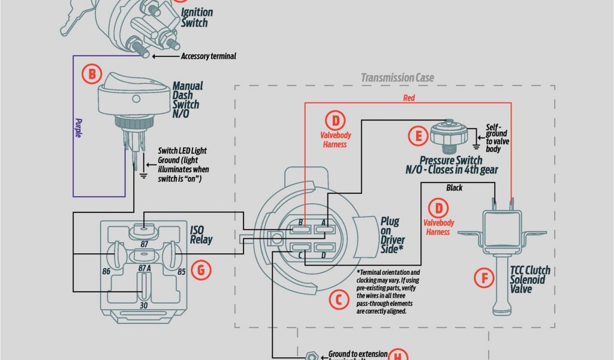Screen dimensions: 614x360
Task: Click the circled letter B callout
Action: pos(92,75)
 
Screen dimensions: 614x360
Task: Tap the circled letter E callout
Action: pos(418,135)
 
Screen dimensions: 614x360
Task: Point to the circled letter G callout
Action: pos(201,270)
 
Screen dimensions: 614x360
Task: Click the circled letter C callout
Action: pos(339,299)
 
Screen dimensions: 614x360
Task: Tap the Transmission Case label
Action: pos(397,77)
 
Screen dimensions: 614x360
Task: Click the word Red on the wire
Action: pos(409,97)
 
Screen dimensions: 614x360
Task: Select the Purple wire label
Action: pos(78,127)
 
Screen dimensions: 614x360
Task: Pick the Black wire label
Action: pos(455,188)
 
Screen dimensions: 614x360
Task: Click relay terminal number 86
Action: pos(106,271)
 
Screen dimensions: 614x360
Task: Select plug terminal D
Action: pos(324,255)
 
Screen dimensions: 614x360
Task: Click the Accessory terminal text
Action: pos(208,56)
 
